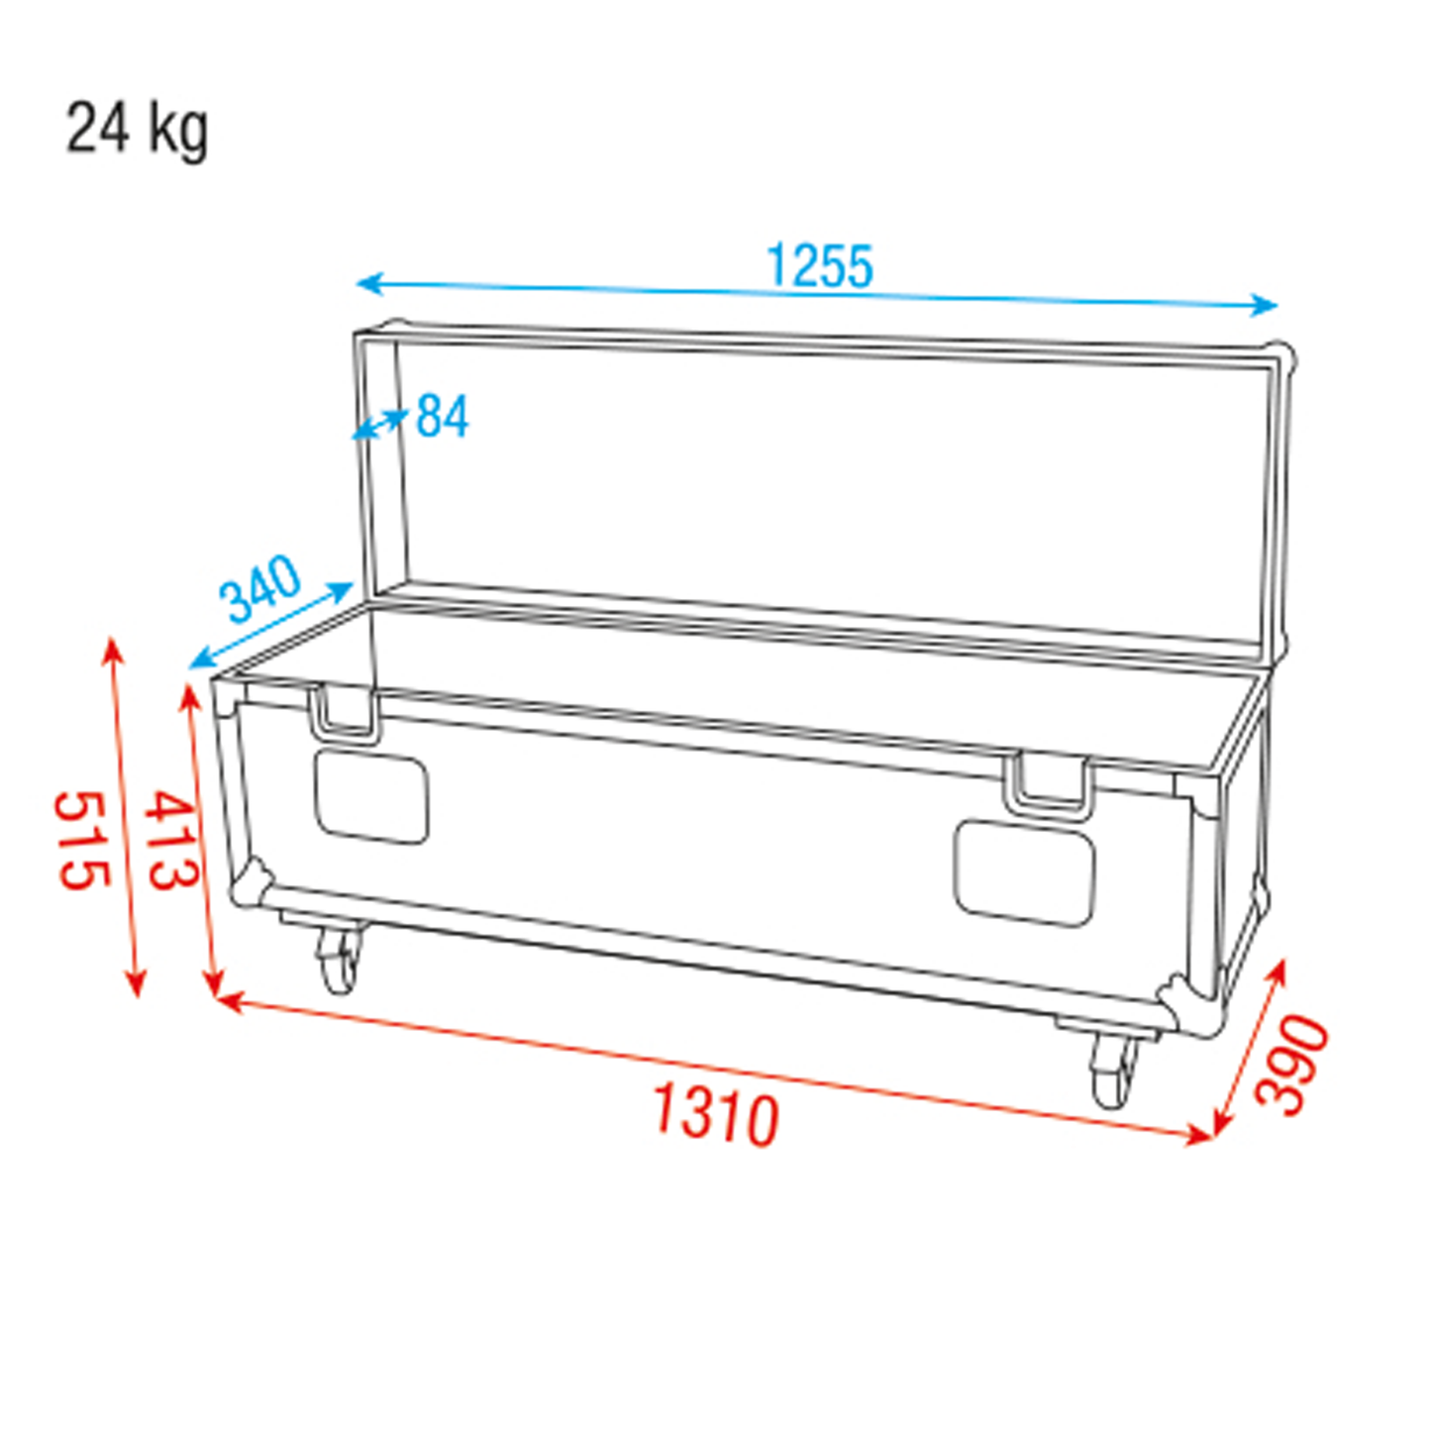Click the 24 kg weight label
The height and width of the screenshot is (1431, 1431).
point(138,132)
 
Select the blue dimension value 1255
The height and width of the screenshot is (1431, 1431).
point(819,265)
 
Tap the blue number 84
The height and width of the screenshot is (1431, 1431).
point(443,417)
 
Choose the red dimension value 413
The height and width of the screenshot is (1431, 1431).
point(170,839)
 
